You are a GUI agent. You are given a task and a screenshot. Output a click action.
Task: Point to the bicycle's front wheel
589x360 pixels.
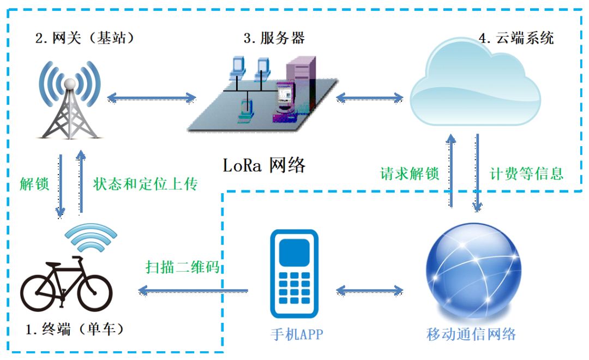coord(94,292)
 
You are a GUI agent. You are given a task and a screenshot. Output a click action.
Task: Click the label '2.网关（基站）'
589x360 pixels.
coord(85,38)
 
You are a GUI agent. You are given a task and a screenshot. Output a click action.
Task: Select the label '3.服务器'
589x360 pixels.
coord(274,38)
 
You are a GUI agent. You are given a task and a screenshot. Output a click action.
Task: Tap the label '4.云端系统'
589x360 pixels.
coord(516,38)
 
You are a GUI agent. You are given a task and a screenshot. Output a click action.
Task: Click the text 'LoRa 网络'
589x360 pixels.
coord(265,165)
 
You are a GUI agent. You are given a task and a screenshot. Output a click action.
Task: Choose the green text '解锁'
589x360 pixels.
coord(34,184)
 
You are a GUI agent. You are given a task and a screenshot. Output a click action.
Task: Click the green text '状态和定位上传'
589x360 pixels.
coord(145,184)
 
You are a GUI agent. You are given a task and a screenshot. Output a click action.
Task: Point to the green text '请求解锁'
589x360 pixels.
coord(410,173)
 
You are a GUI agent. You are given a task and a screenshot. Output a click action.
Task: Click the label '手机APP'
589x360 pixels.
coord(297,334)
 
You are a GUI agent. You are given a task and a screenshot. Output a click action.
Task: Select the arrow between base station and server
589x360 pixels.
coord(152,98)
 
